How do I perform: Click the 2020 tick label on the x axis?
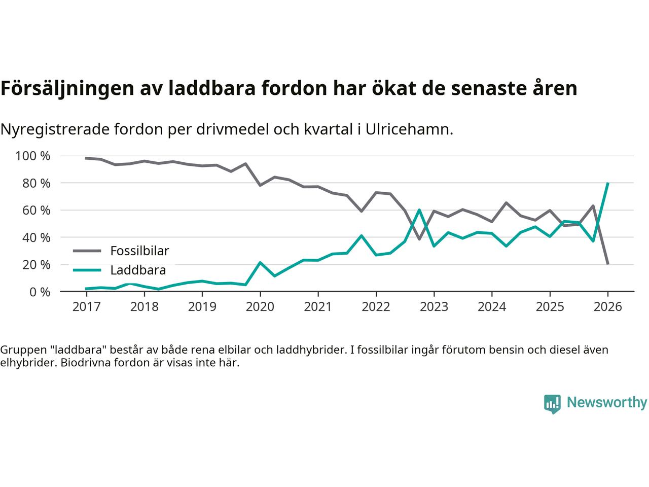(260, 307)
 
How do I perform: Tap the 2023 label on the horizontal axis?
(434, 307)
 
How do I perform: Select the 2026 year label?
(607, 307)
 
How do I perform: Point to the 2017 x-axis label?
(86, 307)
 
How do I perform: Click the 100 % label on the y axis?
(33, 156)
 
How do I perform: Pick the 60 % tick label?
(36, 210)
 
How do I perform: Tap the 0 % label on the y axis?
(39, 292)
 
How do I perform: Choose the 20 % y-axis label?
(36, 264)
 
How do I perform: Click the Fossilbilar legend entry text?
(139, 251)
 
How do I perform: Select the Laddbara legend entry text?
(138, 270)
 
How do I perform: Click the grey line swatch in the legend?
(87, 251)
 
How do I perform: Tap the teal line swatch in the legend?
(87, 270)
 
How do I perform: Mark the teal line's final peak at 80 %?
(607, 183)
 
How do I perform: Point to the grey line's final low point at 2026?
(607, 264)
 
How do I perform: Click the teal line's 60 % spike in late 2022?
(419, 210)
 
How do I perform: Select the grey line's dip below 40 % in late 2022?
(419, 239)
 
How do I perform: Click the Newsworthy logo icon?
(552, 404)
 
